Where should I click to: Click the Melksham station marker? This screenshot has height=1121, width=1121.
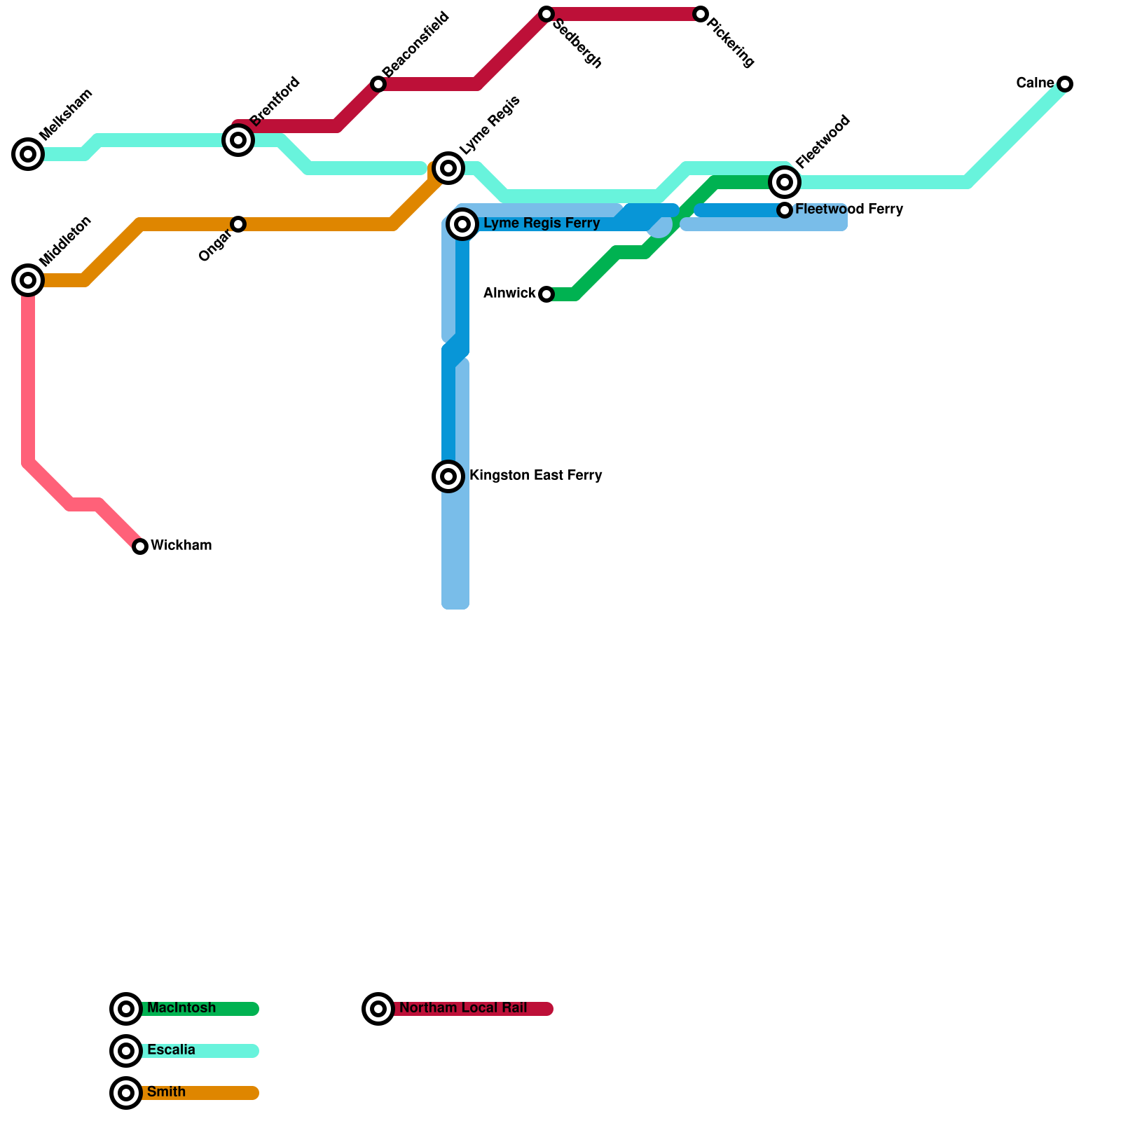coord(28,154)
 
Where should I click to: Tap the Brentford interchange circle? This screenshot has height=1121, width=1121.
coord(238,140)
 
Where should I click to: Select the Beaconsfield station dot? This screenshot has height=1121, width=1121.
coord(378,84)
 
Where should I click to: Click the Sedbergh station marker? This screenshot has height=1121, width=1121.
coord(546,14)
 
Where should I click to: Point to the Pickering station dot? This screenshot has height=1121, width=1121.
coord(701,14)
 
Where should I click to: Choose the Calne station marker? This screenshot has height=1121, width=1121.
coord(1065,84)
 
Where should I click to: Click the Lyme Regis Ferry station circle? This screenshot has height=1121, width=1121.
coord(462,224)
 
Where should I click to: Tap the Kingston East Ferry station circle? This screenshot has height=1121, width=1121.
coord(448,476)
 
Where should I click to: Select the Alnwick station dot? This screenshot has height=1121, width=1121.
coord(546,294)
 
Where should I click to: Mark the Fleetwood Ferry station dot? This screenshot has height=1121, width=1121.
coord(785,210)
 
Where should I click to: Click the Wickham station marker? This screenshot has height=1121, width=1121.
coord(140,546)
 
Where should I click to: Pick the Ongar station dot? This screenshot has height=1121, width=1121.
coord(238,224)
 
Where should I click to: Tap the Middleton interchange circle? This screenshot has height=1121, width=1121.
coord(28,280)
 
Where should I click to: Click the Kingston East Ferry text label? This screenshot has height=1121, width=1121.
coord(535,476)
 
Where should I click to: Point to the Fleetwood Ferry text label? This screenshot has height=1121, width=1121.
coord(849,209)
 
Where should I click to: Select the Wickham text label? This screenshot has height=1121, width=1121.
coord(181,546)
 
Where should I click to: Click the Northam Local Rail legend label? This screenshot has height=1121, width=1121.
coord(463,1008)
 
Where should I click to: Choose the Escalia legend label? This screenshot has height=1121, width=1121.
coord(171,1050)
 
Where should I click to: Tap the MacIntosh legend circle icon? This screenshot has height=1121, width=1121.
coord(126,1009)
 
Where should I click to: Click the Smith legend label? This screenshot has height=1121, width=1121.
coord(166,1092)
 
